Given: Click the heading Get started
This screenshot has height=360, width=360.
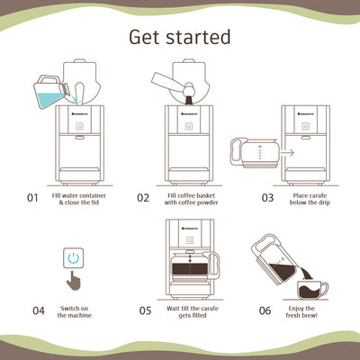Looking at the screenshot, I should coord(180,37).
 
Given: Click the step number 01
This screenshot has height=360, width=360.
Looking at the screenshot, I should coord(32,197).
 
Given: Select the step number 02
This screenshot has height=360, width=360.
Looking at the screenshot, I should coord(143,197).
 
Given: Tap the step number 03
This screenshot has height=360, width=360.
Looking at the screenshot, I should coord(267,197).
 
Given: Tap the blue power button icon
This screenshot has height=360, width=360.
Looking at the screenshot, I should coord(74,258).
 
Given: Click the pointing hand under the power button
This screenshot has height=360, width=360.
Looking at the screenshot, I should coord(75,280).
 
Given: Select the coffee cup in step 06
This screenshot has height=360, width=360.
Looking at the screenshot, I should coord(311,290).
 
